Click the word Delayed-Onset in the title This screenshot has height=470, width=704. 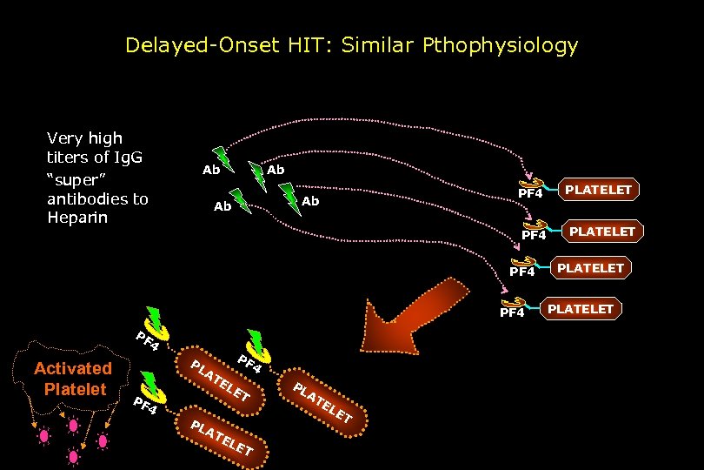185,44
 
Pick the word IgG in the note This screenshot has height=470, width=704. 130,158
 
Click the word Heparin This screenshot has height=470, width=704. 77,217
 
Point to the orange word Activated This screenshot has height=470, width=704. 73,369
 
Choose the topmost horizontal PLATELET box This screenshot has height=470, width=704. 598,190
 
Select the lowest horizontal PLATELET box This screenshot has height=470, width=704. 580,309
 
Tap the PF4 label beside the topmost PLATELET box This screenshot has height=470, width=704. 530,193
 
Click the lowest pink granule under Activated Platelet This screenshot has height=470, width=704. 73,455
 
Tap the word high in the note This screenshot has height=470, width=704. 106,138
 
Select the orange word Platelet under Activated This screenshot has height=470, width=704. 75,388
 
